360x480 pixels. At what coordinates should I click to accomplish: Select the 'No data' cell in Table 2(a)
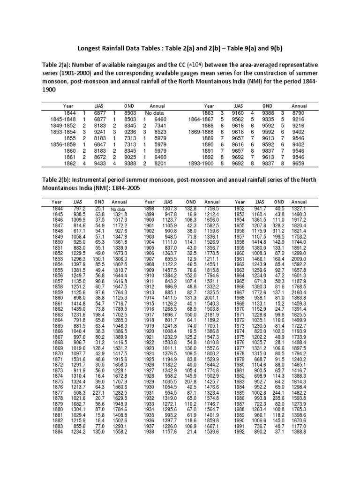click(156, 113)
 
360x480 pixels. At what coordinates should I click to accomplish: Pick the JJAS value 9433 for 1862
click(102, 164)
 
